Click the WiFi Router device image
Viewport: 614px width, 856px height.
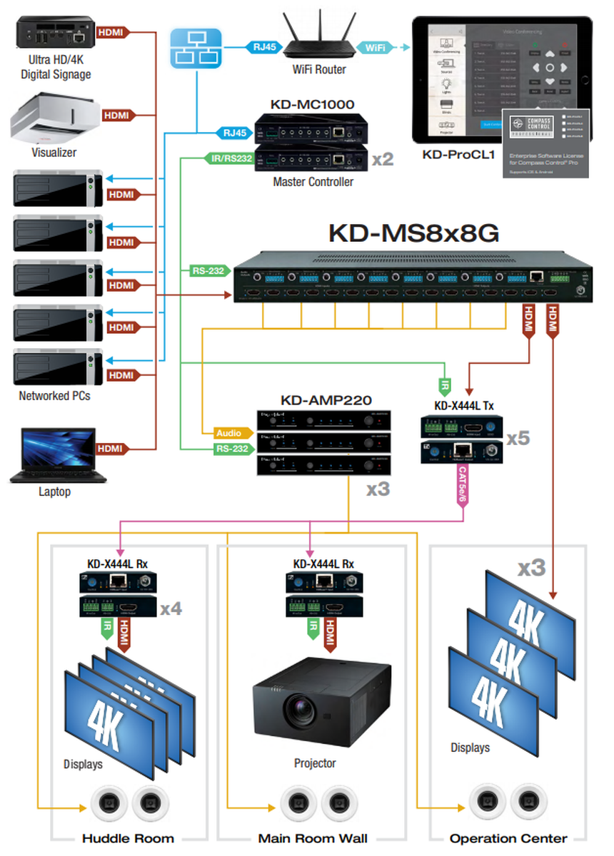click(x=319, y=39)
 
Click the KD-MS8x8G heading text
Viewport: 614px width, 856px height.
click(x=413, y=233)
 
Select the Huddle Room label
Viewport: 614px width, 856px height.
click(x=128, y=838)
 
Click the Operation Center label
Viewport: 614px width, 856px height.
click(x=508, y=838)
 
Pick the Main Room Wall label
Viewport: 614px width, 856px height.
click(x=311, y=838)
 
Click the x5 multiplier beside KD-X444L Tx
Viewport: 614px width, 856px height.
click(x=518, y=437)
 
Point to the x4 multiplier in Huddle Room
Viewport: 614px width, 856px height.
click(x=171, y=608)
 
